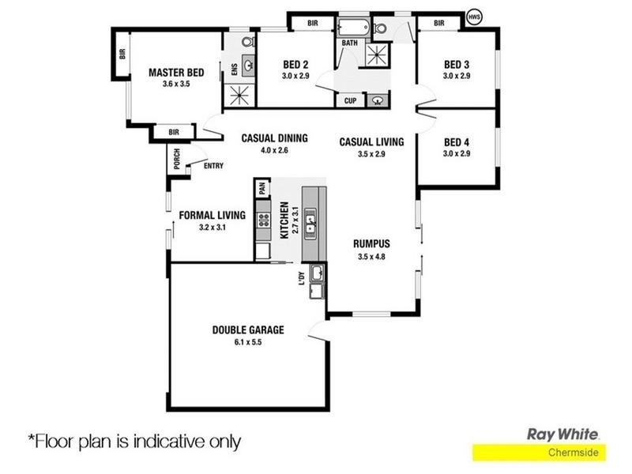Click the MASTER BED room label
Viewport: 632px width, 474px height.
click(x=176, y=73)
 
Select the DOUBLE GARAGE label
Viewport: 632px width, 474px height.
click(x=247, y=330)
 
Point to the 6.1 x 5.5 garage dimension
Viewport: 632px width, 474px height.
click(x=247, y=342)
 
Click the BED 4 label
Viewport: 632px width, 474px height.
click(x=457, y=142)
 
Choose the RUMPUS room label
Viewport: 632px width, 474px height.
click(x=371, y=244)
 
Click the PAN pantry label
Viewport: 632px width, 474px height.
click(x=261, y=188)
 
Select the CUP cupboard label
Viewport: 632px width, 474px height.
click(x=350, y=100)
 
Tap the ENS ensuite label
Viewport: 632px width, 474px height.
click(x=234, y=70)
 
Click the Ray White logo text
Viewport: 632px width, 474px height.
click(x=562, y=434)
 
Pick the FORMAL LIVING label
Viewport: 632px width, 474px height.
click(x=212, y=215)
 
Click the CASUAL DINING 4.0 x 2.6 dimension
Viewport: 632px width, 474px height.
click(x=274, y=150)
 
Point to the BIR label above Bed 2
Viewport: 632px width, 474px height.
click(x=313, y=24)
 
